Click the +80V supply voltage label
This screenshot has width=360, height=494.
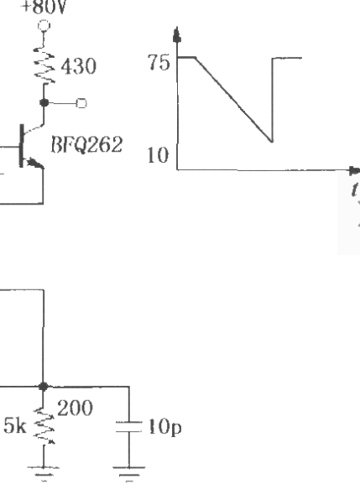tap(43, 7)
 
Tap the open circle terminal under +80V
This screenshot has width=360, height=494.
tap(44, 25)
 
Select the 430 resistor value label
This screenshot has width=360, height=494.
tap(79, 66)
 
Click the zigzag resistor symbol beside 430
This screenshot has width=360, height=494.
tap(44, 65)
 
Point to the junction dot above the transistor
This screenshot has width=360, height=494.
tap(44, 102)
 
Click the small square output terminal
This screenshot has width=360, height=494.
tap(81, 103)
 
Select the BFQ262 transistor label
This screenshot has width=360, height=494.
tap(86, 144)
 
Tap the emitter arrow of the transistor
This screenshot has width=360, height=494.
tap(34, 164)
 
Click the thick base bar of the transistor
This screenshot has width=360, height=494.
tap(22, 146)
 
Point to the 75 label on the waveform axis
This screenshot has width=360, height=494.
tap(159, 62)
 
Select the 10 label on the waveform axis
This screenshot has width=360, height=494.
tap(159, 155)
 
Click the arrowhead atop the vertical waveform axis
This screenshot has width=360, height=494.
tap(177, 34)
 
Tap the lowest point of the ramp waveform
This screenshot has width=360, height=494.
tap(272, 141)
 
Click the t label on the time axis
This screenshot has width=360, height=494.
tap(355, 189)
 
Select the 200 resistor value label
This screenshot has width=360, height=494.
tap(75, 408)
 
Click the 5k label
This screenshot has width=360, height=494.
tap(14, 425)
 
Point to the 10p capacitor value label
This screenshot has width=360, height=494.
tap(164, 427)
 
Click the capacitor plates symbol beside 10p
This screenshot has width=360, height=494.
tap(129, 427)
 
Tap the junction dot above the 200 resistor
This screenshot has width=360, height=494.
tap(43, 386)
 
